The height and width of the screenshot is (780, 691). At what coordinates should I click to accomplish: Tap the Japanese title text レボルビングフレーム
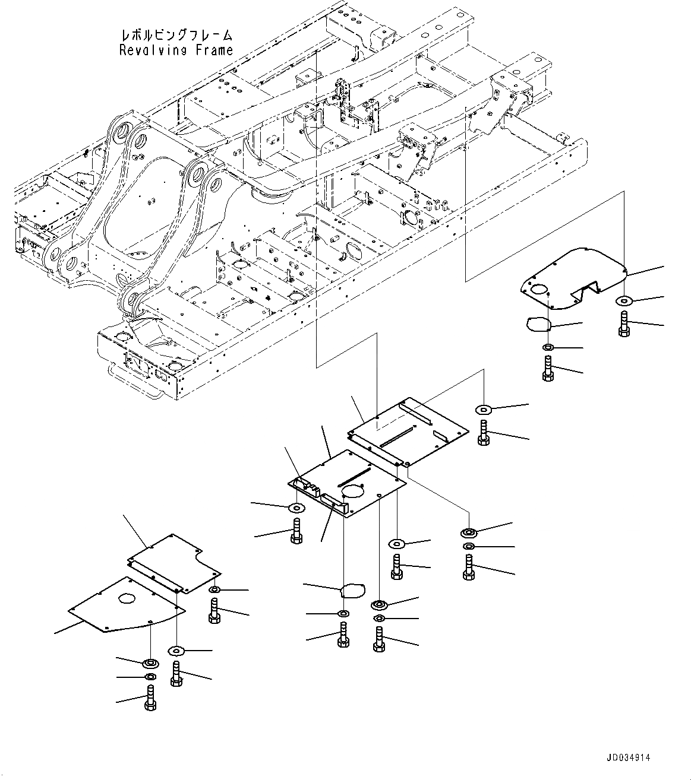(x=176, y=35)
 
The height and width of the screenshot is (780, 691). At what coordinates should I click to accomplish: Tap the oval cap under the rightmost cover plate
(x=538, y=323)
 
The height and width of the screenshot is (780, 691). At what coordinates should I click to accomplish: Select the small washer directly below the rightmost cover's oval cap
(x=548, y=347)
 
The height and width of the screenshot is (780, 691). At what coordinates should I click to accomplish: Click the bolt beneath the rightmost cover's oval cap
(x=548, y=368)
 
